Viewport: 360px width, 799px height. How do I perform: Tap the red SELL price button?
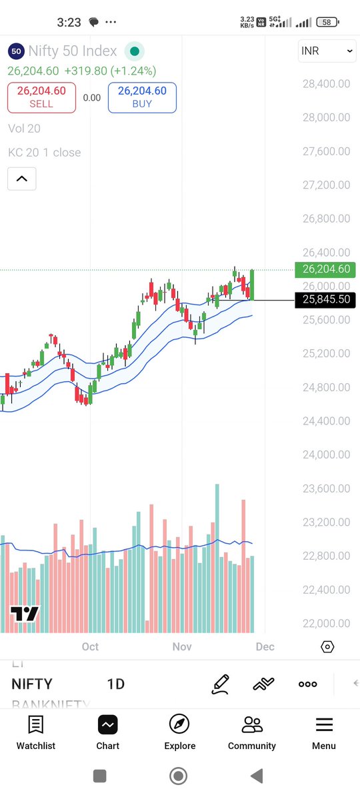point(41,97)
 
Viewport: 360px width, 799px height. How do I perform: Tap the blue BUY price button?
point(142,97)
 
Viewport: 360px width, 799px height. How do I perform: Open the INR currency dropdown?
point(327,51)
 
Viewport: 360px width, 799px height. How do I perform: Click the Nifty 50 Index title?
point(73,51)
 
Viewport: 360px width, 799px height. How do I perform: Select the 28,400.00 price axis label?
point(325,84)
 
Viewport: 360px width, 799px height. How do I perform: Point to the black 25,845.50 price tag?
point(325,300)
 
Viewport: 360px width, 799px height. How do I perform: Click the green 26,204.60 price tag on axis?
point(325,269)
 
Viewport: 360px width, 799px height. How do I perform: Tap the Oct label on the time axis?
point(90,646)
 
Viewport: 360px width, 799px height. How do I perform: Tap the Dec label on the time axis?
point(265,646)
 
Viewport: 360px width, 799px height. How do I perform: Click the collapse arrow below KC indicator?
point(21,179)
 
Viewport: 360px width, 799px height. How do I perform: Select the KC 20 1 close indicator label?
point(44,153)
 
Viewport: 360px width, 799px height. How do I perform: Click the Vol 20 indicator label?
point(24,129)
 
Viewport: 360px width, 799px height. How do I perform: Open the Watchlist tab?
point(36,732)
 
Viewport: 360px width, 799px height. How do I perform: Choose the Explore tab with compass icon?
point(179,732)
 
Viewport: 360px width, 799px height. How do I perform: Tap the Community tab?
point(251,732)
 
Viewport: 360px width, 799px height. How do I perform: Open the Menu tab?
point(324,732)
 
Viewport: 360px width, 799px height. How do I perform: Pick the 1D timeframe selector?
point(116,684)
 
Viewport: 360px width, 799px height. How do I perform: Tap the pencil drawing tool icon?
point(220,684)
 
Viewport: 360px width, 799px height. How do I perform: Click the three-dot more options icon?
point(307,684)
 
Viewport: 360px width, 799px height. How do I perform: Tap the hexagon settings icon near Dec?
point(327,647)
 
